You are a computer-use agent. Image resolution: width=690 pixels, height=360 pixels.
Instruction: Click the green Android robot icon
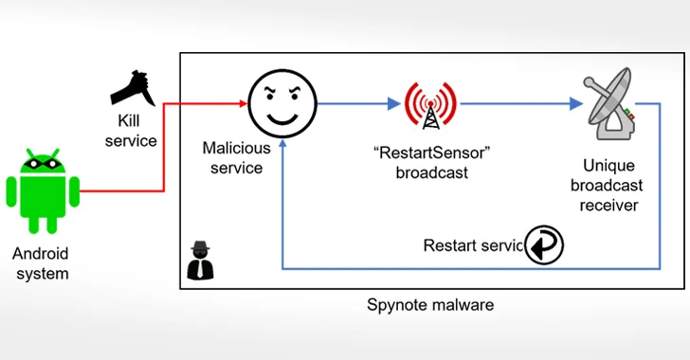(41, 190)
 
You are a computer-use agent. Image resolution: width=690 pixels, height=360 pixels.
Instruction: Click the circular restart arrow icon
(544, 244)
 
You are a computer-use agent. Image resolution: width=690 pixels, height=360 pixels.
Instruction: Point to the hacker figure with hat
(200, 261)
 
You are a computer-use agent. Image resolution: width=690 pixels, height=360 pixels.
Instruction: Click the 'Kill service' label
(133, 132)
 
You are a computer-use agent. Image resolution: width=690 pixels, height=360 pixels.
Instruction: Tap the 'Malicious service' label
(236, 157)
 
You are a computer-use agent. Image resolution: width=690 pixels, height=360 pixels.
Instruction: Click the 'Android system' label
(41, 264)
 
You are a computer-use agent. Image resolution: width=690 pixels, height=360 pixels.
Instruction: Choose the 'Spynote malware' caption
(430, 306)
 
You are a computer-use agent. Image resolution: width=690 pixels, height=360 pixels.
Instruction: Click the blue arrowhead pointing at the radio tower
(392, 103)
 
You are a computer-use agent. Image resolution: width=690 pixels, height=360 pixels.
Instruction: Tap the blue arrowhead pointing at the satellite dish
(575, 103)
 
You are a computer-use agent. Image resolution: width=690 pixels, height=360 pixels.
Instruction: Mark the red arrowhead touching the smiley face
(245, 103)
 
